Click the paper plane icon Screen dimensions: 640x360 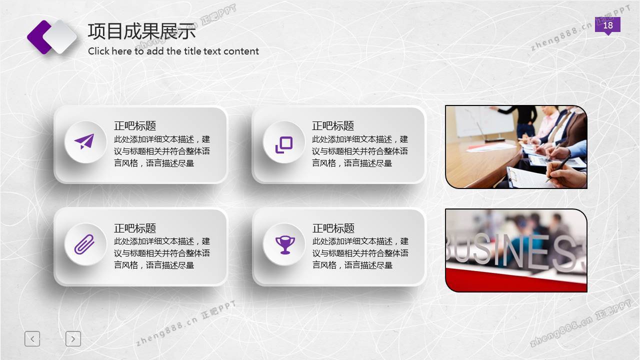click(x=84, y=141)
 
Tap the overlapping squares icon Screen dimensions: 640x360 click(x=283, y=145)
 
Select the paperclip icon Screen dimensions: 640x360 click(x=84, y=244)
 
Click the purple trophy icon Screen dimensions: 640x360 click(x=285, y=245)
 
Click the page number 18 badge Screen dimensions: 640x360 click(x=607, y=25)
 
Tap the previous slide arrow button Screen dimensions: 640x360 click(x=32, y=339)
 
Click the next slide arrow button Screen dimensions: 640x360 click(x=73, y=339)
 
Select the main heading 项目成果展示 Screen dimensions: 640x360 click(x=141, y=31)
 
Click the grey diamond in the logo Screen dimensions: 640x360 click(x=60, y=37)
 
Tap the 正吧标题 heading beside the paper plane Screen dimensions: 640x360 click(x=135, y=125)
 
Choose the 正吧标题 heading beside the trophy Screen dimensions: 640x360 click(x=333, y=228)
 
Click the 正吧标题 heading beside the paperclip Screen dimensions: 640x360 click(x=135, y=228)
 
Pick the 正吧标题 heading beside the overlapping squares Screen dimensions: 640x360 click(x=333, y=125)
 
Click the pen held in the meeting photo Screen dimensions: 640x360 click(x=557, y=168)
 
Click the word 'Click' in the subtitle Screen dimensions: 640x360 click(x=98, y=51)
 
